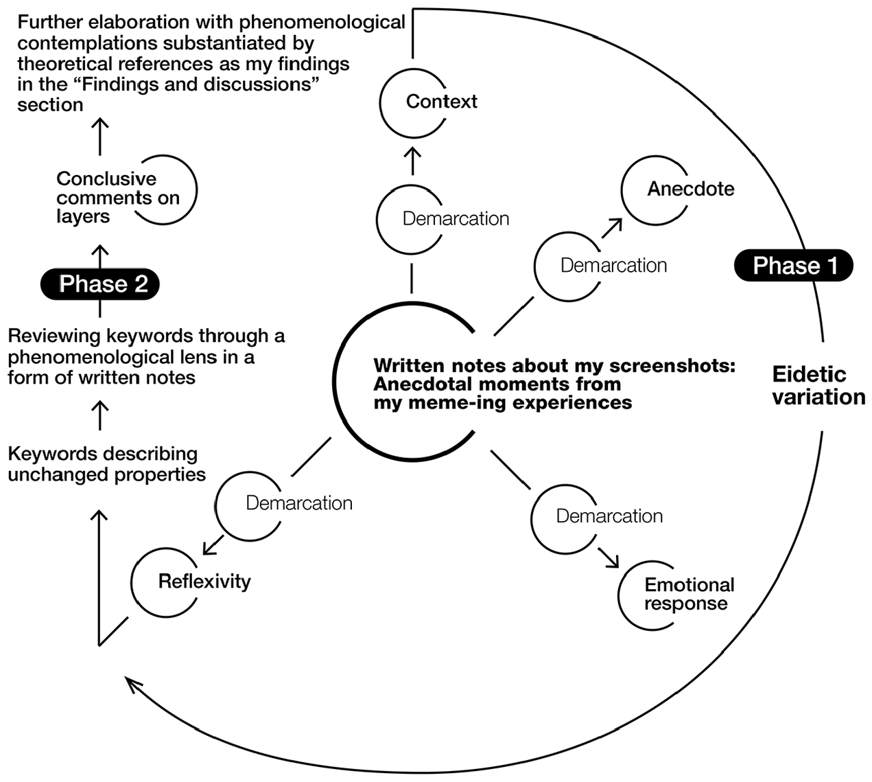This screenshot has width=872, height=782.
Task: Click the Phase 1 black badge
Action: coord(793,266)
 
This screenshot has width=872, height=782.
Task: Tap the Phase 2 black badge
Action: coord(100,284)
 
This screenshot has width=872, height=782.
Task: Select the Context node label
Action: coord(442,102)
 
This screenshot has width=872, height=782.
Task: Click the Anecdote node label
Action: coord(691,189)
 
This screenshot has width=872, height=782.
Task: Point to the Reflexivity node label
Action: coord(204,582)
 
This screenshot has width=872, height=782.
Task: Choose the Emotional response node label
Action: coord(689,594)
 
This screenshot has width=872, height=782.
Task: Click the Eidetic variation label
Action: coord(818,386)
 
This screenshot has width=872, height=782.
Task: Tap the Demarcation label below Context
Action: coord(456,218)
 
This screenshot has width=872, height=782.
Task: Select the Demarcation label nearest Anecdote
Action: coord(614,266)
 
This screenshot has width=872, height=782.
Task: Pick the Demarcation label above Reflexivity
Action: coord(299,503)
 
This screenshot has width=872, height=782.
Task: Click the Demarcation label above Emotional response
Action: coord(609,516)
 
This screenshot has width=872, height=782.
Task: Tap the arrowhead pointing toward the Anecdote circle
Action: coord(618,223)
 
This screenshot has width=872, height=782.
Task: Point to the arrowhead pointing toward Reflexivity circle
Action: coord(207,550)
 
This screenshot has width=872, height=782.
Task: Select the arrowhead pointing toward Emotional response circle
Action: coord(614,562)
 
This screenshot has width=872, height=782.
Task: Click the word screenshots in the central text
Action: coord(672,366)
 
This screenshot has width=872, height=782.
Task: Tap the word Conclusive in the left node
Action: coord(106,179)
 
